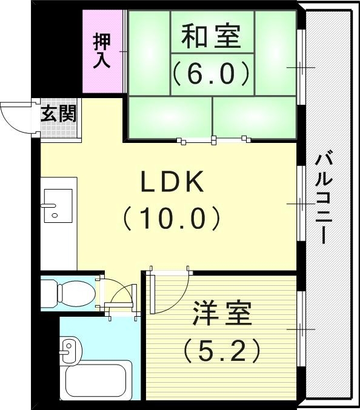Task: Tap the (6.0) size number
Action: click(211, 74)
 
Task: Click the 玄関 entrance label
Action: click(59, 113)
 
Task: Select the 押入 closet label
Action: click(102, 51)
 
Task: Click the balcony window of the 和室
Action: click(301, 67)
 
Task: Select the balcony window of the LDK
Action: click(301, 203)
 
